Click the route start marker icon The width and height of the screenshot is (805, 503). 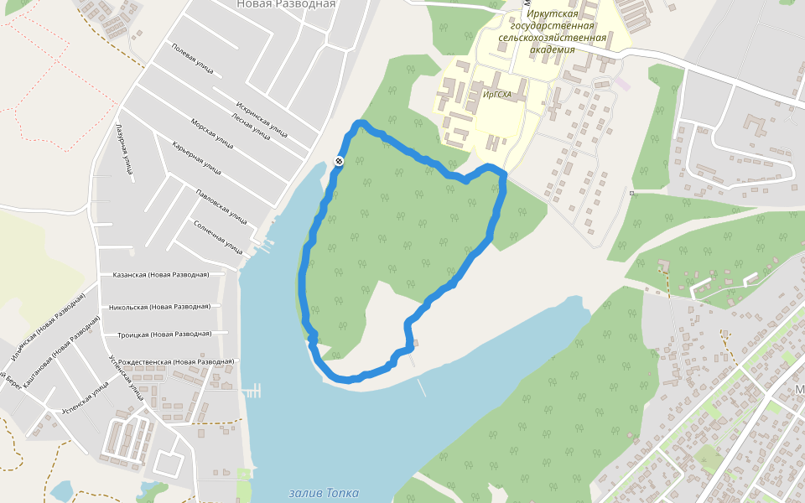[339, 160]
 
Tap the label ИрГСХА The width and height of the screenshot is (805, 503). [497, 95]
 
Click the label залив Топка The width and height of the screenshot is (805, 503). [323, 493]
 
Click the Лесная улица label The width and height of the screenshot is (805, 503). [251, 126]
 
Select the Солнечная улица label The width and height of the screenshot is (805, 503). [217, 236]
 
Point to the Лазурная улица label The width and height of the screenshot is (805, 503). [123, 151]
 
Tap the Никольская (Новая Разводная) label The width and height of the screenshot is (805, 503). [159, 307]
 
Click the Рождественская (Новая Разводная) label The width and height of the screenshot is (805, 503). [176, 361]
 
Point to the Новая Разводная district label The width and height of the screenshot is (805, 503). [286, 4]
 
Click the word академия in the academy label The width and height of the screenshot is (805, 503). [552, 49]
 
